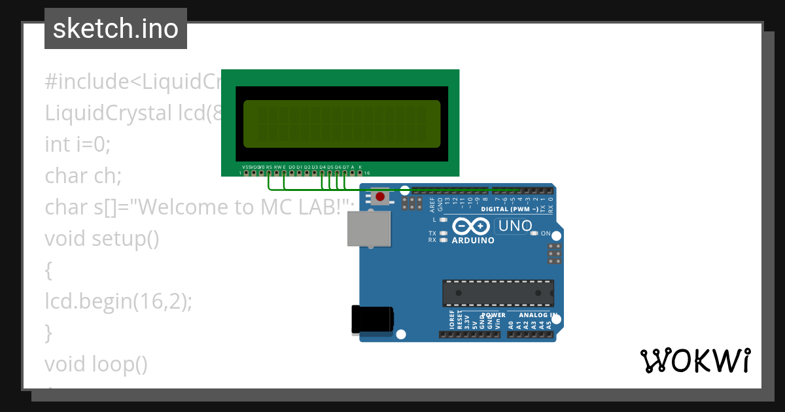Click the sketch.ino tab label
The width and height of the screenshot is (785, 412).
pyautogui.click(x=116, y=29)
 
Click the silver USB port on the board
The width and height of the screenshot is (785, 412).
pyautogui.click(x=368, y=228)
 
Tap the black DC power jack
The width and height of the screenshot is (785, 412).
pyautogui.click(x=372, y=320)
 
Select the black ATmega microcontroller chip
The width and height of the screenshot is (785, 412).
pyautogui.click(x=498, y=293)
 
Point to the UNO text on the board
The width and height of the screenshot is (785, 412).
pyautogui.click(x=516, y=226)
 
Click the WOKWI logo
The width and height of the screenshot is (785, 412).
pyautogui.click(x=695, y=360)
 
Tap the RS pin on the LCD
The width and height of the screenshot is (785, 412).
pyautogui.click(x=269, y=173)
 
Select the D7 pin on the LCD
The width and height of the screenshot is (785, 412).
pyautogui.click(x=345, y=173)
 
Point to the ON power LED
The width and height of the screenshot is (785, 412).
pyautogui.click(x=534, y=233)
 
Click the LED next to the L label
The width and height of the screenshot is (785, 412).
pyautogui.click(x=444, y=220)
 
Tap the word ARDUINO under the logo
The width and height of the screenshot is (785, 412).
pyautogui.click(x=473, y=240)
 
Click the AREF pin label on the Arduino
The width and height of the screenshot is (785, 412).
pyautogui.click(x=432, y=205)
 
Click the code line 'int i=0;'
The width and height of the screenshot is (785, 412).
pyautogui.click(x=78, y=144)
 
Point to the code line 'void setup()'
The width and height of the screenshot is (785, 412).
pyautogui.click(x=102, y=238)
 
